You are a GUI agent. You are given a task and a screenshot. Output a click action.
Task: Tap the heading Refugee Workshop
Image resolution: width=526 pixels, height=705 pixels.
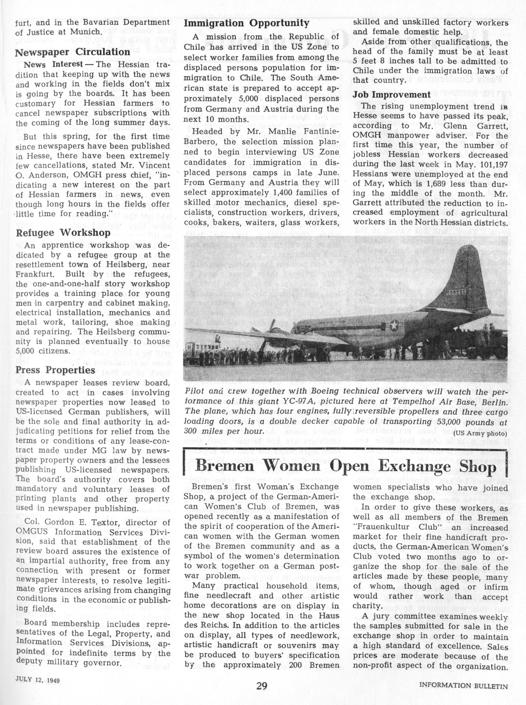[63, 233]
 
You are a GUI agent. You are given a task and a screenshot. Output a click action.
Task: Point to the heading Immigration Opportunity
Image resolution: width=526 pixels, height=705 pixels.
[246, 23]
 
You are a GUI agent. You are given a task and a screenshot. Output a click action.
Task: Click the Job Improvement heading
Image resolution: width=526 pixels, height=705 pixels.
[391, 95]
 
